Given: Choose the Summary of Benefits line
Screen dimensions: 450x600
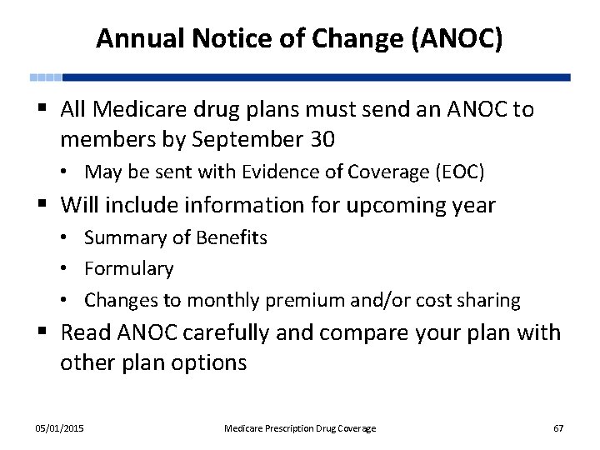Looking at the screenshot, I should pyautogui.click(x=176, y=237).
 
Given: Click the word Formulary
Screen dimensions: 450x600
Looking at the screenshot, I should pyautogui.click(x=129, y=268).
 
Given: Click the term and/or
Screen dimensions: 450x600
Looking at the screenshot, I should pyautogui.click(x=404, y=300).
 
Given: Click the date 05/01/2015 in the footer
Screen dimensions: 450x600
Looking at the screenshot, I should pyautogui.click(x=59, y=428).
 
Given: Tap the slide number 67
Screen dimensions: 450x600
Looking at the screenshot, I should pyautogui.click(x=558, y=428).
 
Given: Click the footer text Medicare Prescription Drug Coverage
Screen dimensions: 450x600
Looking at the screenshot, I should pyautogui.click(x=300, y=428).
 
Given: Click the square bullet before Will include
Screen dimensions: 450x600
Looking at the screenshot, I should pyautogui.click(x=45, y=205).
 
